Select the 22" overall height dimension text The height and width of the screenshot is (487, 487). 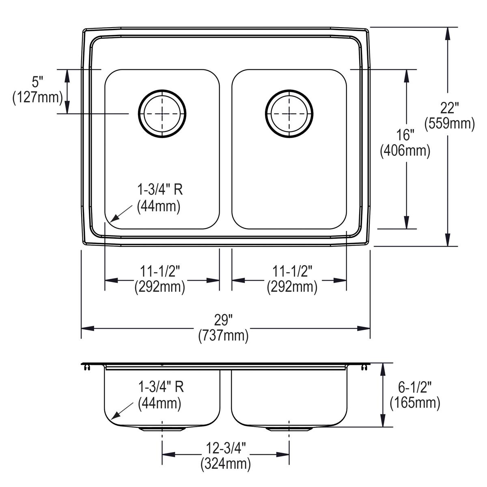tap(449, 116)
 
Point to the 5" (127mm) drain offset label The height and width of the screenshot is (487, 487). tap(37, 90)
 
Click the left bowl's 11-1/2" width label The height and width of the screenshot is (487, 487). tap(160, 279)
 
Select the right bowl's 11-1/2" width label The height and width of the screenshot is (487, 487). tap(292, 279)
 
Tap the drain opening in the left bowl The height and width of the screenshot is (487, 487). tap(162, 113)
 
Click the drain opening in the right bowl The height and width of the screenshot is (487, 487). tap(289, 113)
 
